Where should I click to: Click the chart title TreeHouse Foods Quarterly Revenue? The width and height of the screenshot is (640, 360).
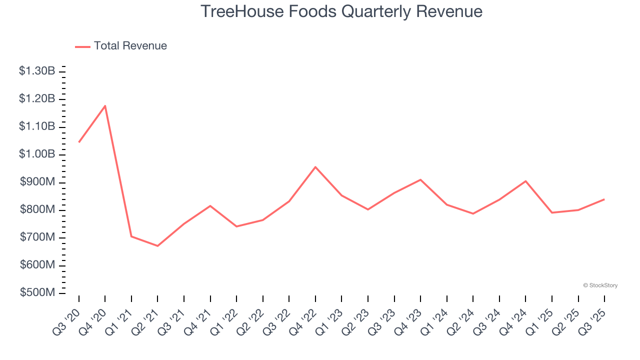coord(341,11)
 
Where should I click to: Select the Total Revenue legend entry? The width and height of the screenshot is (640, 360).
coord(121,46)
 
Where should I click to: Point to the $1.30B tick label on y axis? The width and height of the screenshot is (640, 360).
coord(37,71)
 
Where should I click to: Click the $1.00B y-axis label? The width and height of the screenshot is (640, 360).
coord(37,154)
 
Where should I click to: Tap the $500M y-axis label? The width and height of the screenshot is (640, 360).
coord(37,292)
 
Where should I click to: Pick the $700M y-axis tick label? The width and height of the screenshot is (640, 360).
coord(37,237)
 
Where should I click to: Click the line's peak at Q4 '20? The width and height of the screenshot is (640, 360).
coord(105,105)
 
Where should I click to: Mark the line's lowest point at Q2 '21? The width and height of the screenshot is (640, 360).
coord(157,246)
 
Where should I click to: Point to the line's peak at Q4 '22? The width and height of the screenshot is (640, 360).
coord(315,167)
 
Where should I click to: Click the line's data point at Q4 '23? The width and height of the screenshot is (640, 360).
coord(420,179)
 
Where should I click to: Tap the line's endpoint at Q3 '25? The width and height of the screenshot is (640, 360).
coord(604,199)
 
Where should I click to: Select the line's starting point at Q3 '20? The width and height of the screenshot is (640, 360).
coord(79,142)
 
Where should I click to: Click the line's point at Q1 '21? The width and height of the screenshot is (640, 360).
coord(131,236)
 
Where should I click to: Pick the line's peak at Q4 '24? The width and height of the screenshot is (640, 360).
coord(525,181)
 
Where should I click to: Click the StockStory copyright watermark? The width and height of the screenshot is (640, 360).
coord(600,285)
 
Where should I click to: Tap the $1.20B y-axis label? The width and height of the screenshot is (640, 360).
coord(37,99)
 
